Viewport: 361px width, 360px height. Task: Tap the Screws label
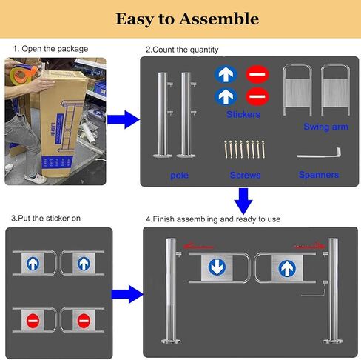click(245, 176)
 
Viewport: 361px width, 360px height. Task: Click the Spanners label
click(318, 175)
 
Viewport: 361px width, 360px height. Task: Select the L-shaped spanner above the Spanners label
click(318, 153)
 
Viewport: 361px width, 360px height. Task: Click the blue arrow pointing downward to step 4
click(243, 201)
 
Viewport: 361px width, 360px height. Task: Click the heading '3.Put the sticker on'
click(45, 219)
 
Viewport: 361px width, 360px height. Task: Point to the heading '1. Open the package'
click(50, 49)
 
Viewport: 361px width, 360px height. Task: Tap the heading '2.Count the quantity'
click(182, 49)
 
